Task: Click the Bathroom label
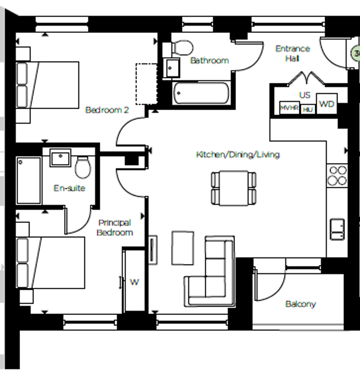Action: tap(209, 61)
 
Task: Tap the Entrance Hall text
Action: tap(293, 53)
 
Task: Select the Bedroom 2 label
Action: tap(107, 110)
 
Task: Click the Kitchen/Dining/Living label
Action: tap(238, 154)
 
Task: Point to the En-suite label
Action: tap(69, 188)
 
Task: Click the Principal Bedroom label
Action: tap(116, 227)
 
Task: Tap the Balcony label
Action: tap(300, 304)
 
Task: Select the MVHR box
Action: tap(290, 109)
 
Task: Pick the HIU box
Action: tap(308, 110)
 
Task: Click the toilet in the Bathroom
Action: tap(182, 48)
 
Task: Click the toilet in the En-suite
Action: tap(83, 167)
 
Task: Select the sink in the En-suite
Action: tap(61, 157)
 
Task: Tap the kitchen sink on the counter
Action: tap(337, 227)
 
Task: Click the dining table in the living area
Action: tap(234, 188)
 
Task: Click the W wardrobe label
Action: tap(134, 282)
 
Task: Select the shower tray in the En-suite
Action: tap(29, 181)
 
